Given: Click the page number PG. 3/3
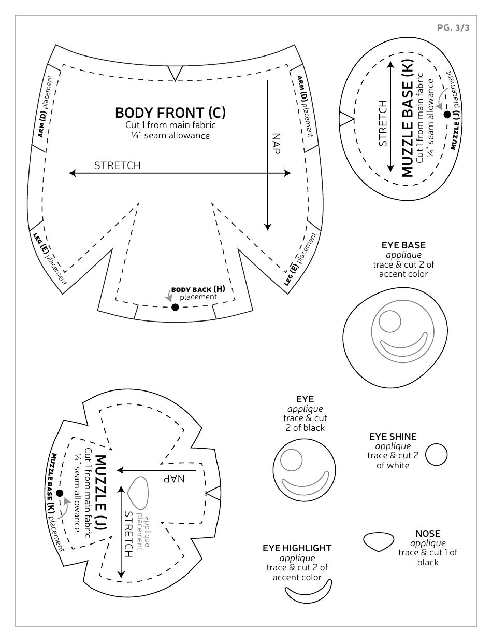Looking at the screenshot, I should click(453, 28).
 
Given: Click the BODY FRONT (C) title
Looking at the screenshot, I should click(170, 113).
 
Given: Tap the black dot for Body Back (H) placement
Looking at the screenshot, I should click(175, 308).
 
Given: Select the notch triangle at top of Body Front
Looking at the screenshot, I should click(176, 74).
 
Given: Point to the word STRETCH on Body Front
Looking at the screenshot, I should click(117, 165).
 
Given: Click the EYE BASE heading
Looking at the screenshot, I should click(403, 245).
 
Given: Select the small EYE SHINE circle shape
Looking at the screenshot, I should click(437, 454).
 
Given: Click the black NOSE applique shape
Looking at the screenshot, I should click(379, 541).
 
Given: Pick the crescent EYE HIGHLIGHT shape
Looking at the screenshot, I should click(309, 591).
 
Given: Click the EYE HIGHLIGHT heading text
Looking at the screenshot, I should click(297, 548).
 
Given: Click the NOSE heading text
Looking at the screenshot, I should click(428, 533).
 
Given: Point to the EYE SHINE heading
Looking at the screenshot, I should click(393, 437).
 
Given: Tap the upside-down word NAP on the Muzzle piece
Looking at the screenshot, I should click(175, 478).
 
